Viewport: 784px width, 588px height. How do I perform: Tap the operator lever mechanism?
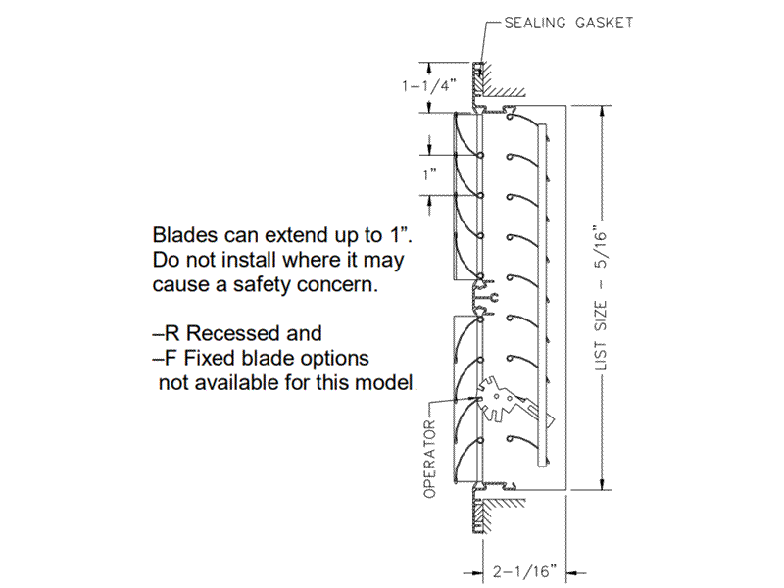point(510,402)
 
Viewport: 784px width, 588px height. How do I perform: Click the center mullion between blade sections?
point(482,293)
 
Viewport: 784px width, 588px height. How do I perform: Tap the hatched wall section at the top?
point(500,92)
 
